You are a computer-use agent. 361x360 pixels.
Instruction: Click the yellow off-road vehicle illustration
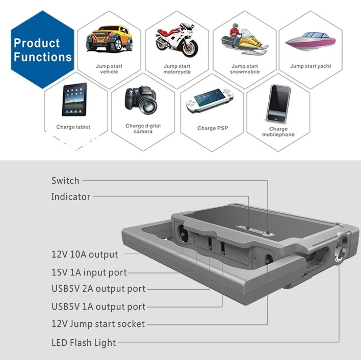109,38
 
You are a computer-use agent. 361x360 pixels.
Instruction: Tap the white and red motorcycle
176,40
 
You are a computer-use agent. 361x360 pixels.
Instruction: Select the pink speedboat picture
311,41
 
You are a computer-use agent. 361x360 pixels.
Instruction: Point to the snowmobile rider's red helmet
235,26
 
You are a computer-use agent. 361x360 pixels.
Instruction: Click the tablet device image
74,99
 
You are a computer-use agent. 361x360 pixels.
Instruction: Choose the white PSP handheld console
210,100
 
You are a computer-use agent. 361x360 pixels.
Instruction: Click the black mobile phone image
278,103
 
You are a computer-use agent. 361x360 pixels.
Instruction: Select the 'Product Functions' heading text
43,50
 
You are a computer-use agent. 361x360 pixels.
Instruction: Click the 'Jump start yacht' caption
311,66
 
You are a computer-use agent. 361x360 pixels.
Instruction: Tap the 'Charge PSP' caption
213,128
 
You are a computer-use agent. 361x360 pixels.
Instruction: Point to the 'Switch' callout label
65,180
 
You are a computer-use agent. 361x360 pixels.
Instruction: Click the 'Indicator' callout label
71,197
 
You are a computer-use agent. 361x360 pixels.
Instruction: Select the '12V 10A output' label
85,254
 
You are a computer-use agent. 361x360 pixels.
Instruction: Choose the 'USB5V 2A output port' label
98,289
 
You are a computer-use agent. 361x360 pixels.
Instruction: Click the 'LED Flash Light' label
84,343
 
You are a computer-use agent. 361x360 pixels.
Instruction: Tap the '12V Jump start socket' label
98,324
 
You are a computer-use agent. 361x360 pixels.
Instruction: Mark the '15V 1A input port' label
89,272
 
